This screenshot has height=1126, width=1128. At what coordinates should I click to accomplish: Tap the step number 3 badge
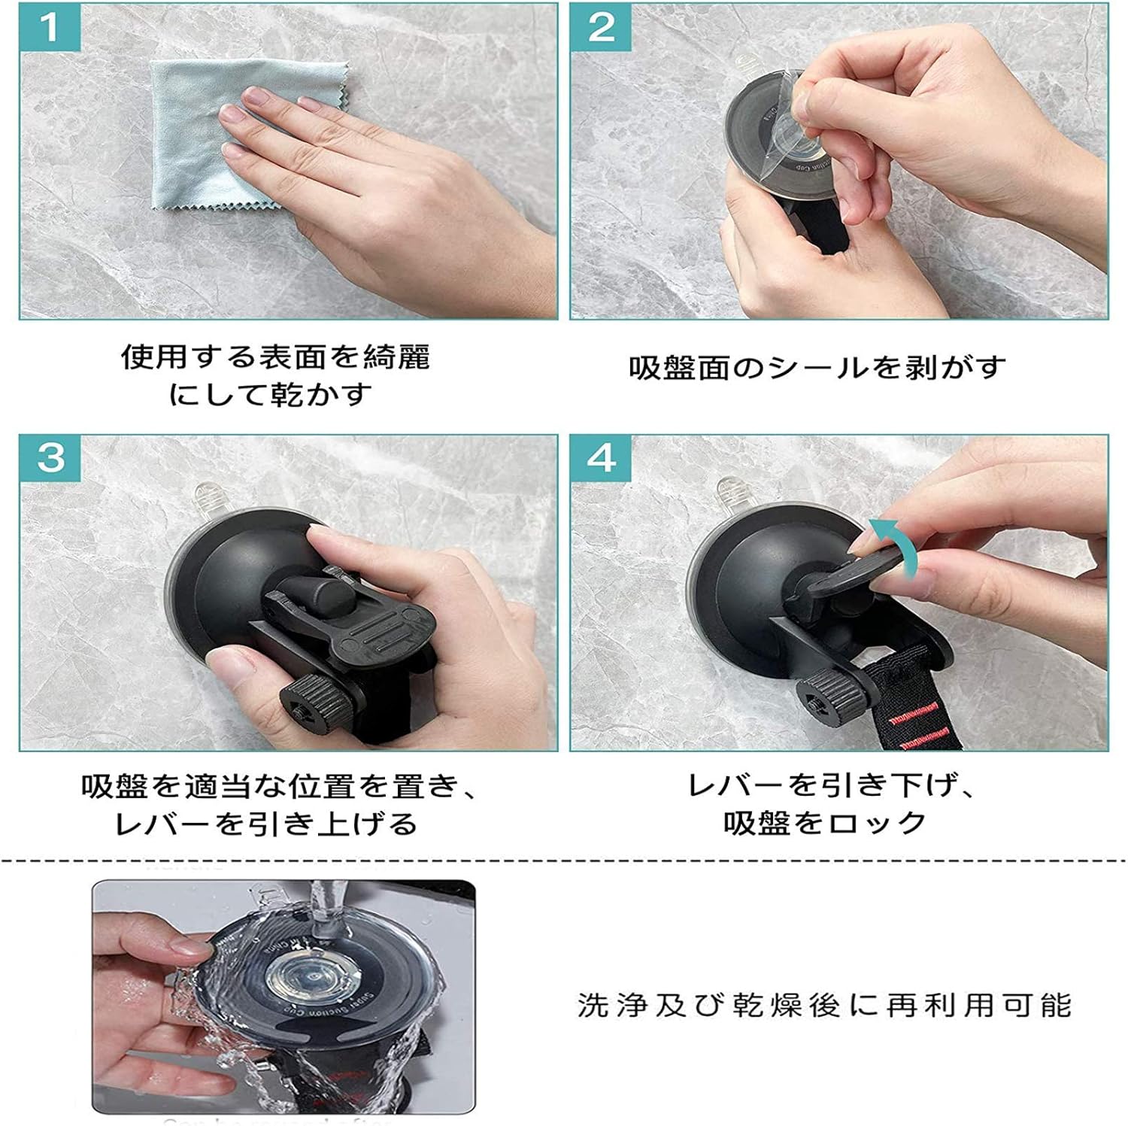[x=50, y=458]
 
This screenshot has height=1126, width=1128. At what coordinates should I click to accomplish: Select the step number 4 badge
[x=601, y=458]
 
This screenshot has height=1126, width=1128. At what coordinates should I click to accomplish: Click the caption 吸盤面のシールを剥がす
[x=817, y=368]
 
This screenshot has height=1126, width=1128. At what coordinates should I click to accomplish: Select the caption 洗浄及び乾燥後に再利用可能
[x=824, y=1005]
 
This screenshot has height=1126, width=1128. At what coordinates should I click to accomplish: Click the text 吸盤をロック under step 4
[x=824, y=823]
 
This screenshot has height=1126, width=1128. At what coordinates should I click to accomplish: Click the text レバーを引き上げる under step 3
[x=265, y=824]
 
